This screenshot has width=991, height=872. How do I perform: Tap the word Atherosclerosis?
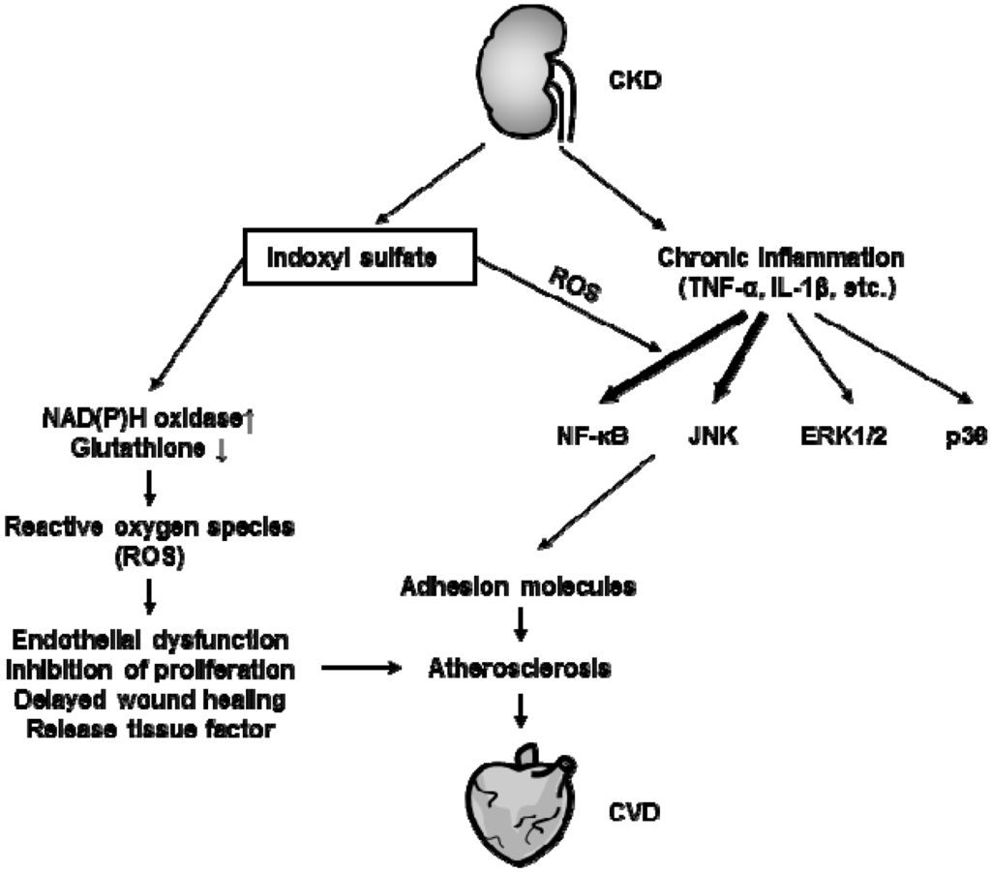[x=520, y=668]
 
